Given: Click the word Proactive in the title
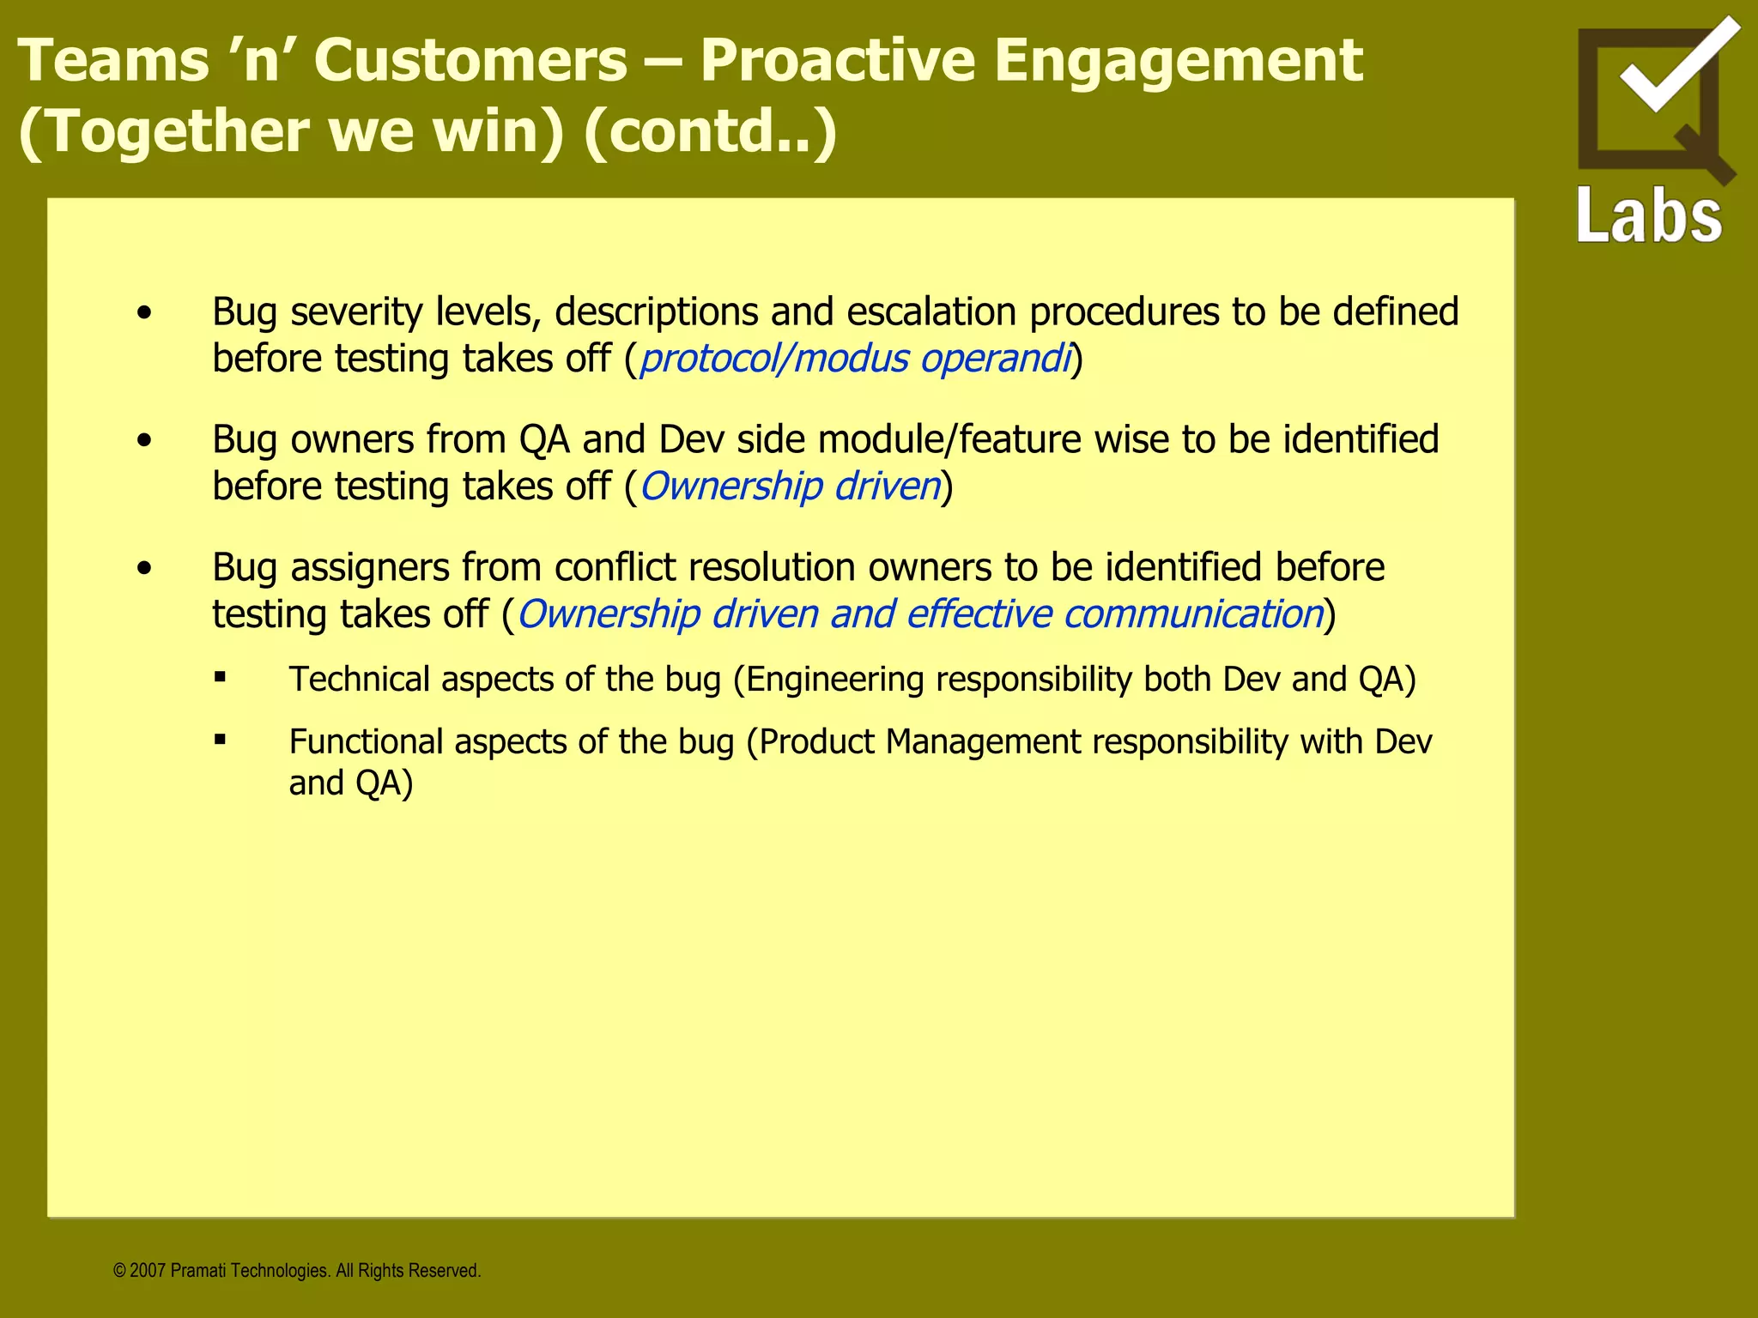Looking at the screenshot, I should pos(837,62).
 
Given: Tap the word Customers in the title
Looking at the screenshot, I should pos(470,62).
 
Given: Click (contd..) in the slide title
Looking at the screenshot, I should pos(709,132).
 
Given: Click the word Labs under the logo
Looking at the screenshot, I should pos(1649,215).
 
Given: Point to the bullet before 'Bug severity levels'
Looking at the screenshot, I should pos(144,313).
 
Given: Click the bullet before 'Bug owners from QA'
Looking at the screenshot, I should pos(144,441).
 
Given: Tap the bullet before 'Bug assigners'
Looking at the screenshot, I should pos(144,569).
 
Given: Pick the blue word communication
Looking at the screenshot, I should pos(1192,614).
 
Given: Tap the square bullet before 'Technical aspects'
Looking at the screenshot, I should pos(221,677).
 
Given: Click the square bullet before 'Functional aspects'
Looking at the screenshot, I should pos(221,740).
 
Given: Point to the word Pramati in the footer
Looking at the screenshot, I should pos(198,1271).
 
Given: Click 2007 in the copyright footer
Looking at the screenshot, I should pos(148,1271).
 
